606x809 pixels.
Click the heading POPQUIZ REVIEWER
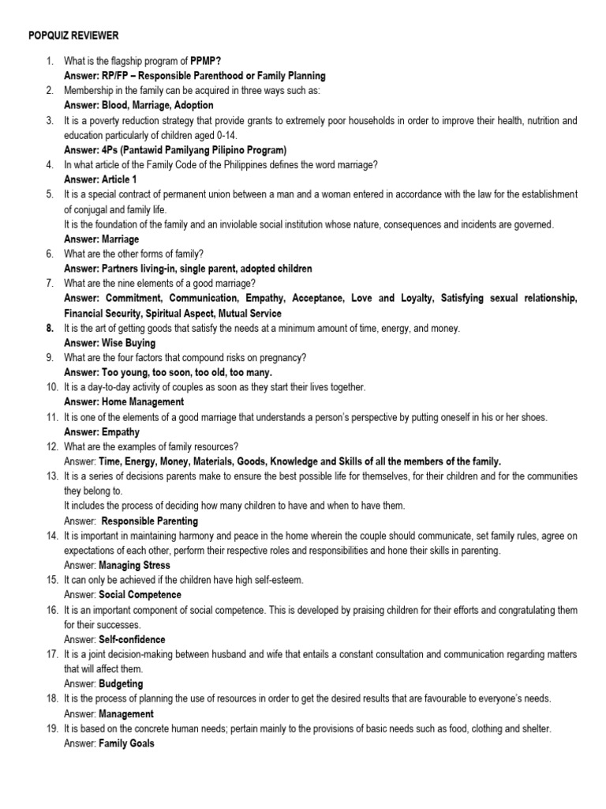point(73,36)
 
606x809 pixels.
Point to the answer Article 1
point(125,179)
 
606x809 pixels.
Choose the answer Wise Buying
point(128,343)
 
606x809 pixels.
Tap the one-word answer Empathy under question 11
point(120,432)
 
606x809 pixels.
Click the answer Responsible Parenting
point(149,521)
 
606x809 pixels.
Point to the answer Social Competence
point(139,595)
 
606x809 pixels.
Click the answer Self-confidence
point(132,639)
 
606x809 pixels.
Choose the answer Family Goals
point(127,743)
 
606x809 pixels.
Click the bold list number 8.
point(49,328)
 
